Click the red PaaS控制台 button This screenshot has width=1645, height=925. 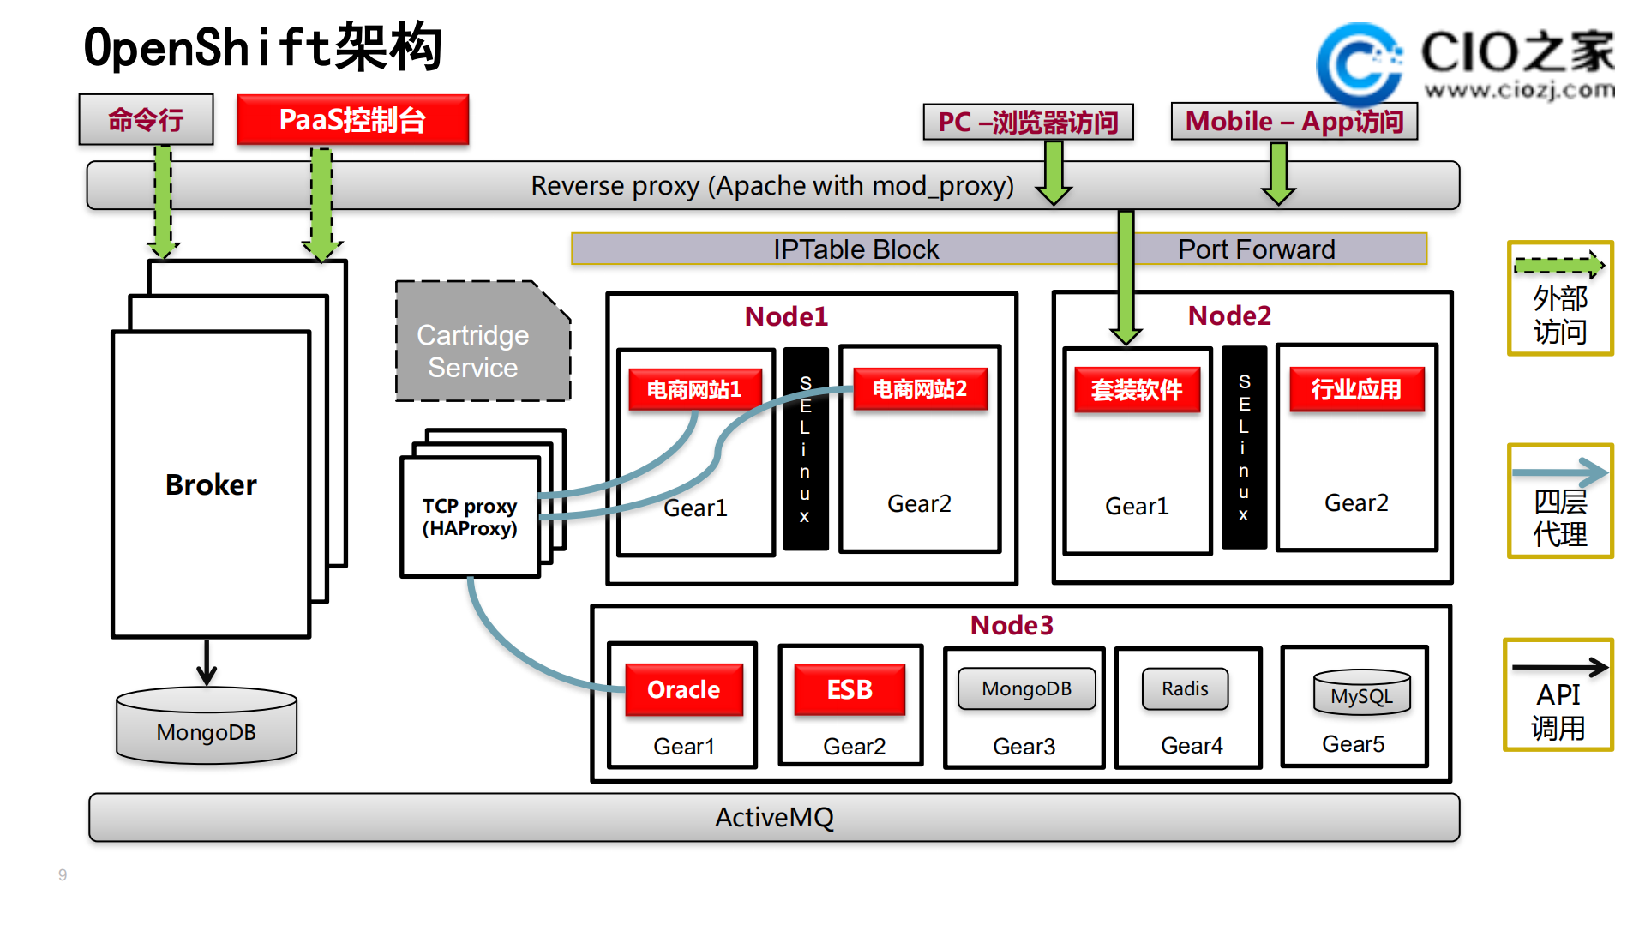[352, 120]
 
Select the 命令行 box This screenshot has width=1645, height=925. [146, 120]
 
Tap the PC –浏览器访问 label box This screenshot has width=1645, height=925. [1028, 122]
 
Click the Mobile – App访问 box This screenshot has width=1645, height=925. [1294, 121]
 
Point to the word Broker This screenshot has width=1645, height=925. [211, 484]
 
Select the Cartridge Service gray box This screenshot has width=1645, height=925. [481, 343]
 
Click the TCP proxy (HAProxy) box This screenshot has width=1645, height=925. [470, 517]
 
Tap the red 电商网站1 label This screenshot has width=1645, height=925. [694, 390]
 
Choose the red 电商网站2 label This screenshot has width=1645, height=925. [920, 389]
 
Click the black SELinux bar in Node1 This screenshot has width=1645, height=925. [805, 449]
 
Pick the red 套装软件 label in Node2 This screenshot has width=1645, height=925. [1137, 390]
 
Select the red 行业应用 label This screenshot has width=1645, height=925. [1356, 389]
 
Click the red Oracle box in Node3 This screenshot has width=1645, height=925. [683, 689]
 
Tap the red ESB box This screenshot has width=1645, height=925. [850, 689]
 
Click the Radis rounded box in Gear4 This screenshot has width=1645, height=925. [1185, 688]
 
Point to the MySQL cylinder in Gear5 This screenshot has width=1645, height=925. [1361, 694]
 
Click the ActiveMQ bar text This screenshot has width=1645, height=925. [774, 817]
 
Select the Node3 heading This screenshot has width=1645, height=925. [1012, 625]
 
